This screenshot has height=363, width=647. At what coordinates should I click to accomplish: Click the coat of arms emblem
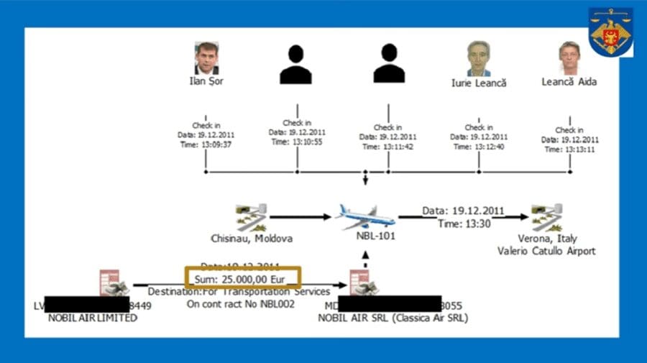610,32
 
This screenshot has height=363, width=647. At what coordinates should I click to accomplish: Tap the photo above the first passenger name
206,58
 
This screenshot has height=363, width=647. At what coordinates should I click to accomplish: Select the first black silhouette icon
295,65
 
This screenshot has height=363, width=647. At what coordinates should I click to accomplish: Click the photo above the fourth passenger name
477,58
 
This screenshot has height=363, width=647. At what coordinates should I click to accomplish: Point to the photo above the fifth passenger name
569,58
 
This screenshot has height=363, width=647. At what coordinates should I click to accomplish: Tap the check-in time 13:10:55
297,142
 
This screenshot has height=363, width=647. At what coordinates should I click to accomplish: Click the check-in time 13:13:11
569,150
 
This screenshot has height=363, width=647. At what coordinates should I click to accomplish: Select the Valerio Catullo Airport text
547,251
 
